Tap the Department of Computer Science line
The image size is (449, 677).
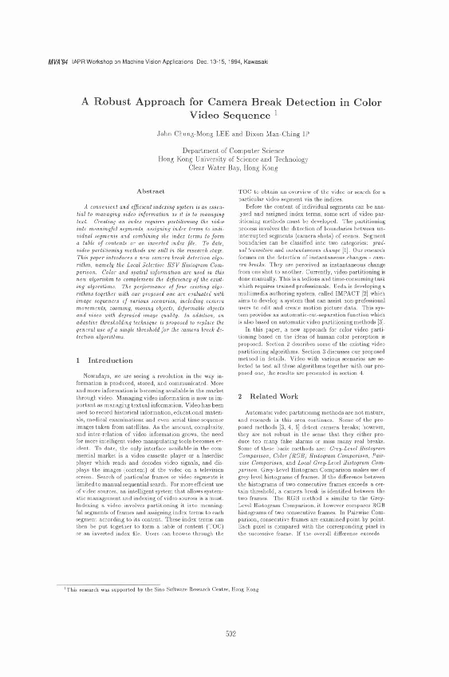[x=223, y=151]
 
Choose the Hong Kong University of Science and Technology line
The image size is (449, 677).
[x=223, y=159]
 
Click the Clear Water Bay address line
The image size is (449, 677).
[x=223, y=168]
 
